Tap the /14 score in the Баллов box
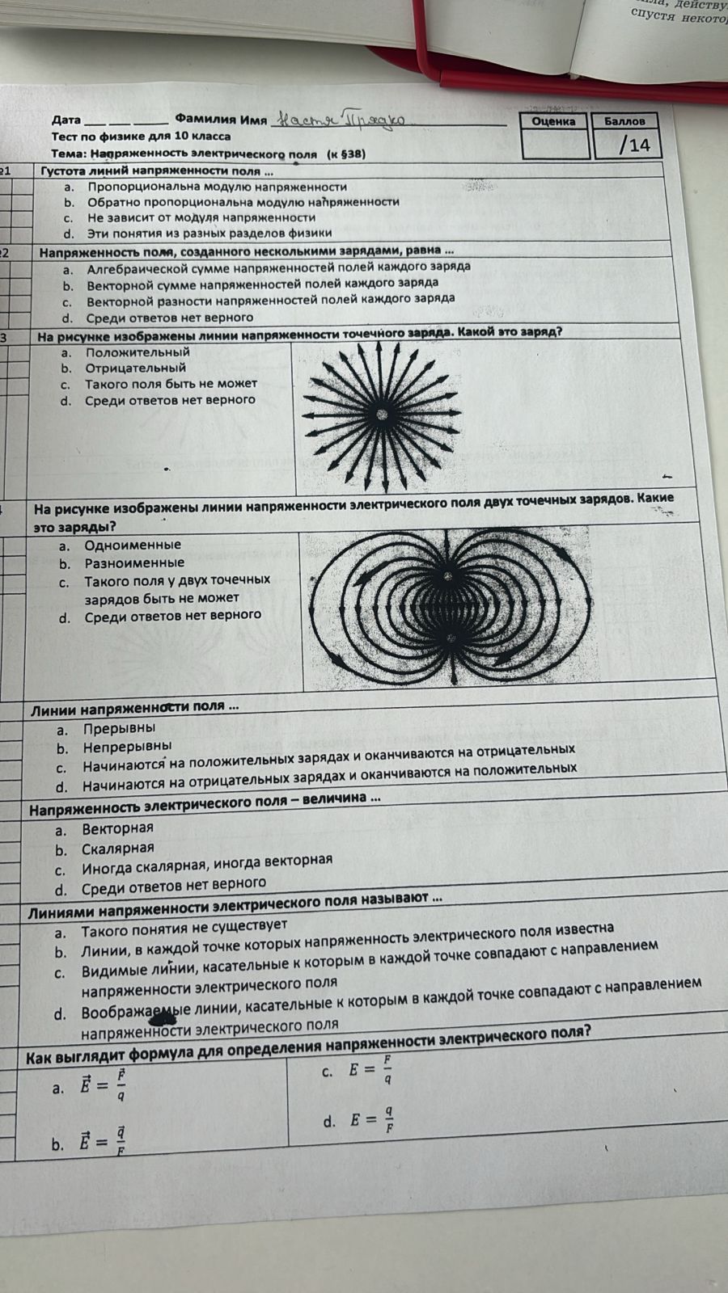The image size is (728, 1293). [634, 145]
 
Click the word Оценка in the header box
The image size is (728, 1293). [554, 121]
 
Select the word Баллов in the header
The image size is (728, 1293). [624, 121]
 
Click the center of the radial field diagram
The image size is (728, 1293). [382, 414]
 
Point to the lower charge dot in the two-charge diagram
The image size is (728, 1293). [451, 638]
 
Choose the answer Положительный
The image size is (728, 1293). [138, 352]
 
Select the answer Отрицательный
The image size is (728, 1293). [135, 369]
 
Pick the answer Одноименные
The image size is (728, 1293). [133, 545]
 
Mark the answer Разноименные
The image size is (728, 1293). [134, 563]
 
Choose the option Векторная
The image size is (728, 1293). [117, 828]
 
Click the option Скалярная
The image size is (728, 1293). [117, 849]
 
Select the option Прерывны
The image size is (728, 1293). [119, 728]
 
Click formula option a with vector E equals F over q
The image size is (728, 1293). [102, 1085]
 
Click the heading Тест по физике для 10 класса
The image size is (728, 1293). [141, 137]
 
